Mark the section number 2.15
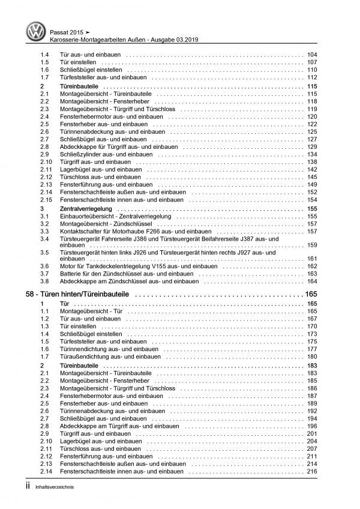point(47,199)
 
